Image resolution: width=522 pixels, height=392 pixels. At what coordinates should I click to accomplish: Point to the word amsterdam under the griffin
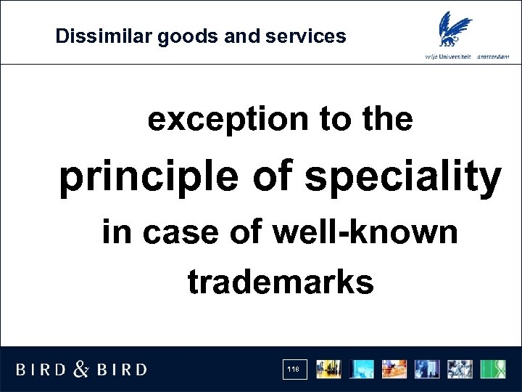[498, 57]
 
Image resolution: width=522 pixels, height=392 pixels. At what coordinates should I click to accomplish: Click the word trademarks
[281, 282]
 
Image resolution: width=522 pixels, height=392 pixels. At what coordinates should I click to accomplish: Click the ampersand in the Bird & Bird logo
[82, 369]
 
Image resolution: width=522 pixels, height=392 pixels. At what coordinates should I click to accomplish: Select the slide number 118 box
[294, 369]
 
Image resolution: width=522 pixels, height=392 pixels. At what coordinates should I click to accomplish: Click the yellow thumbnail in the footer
[329, 369]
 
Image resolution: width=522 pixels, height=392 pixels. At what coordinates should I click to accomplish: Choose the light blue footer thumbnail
[362, 369]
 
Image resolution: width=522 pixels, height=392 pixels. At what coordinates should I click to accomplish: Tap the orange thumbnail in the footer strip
[395, 369]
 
